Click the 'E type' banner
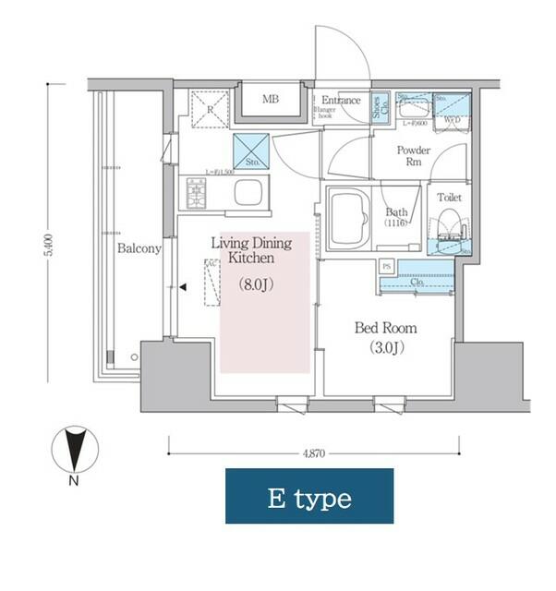309,499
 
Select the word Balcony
139,249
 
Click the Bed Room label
386,328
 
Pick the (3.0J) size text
386,348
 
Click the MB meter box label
270,100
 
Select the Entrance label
342,100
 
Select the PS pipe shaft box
387,266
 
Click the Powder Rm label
414,156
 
